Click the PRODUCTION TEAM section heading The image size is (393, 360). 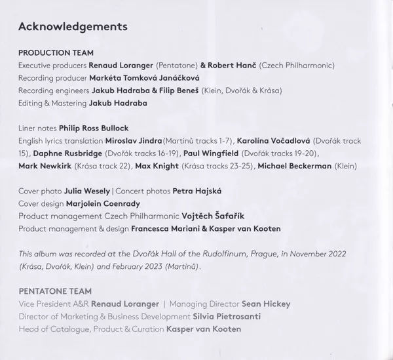(x=56, y=52)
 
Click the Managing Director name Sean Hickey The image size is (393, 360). (x=266, y=304)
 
